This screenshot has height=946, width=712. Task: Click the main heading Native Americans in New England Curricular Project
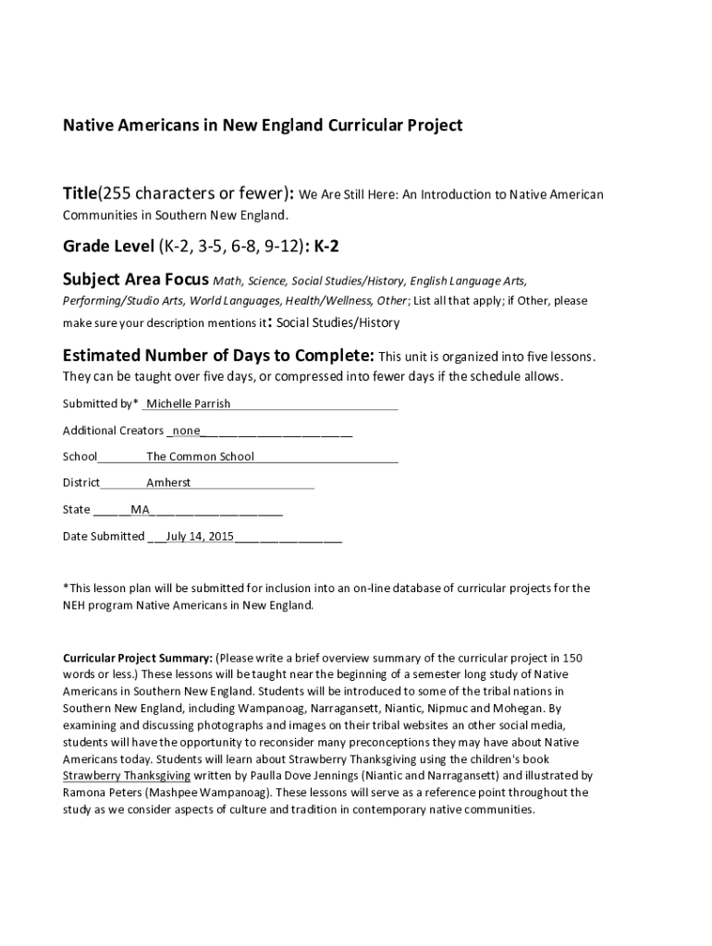262,125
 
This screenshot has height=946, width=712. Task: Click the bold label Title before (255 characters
80,194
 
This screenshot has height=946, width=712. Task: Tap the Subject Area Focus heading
136,279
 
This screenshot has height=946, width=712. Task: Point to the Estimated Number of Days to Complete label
218,356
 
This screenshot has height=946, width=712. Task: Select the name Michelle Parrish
189,404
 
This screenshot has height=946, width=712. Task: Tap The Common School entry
200,456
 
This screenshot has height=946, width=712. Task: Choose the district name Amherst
168,483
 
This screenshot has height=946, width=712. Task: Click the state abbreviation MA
141,510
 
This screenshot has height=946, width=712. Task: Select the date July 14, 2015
200,536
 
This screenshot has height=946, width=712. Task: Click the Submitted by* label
101,404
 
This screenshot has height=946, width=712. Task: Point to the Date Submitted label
104,536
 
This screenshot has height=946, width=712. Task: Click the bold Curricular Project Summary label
137,659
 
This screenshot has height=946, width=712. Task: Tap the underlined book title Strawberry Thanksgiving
127,776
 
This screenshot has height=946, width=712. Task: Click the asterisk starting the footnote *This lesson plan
66,588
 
